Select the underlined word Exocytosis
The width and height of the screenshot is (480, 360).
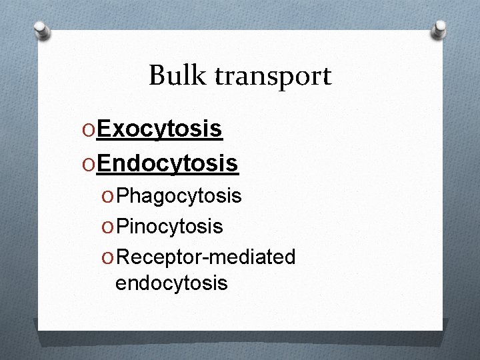pyautogui.click(x=159, y=129)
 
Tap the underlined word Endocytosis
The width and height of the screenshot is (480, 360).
pyautogui.click(x=167, y=162)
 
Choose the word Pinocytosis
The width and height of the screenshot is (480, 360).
pyautogui.click(x=169, y=227)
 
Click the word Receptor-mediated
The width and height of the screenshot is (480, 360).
pyautogui.click(x=205, y=257)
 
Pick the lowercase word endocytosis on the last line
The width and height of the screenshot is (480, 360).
pyautogui.click(x=171, y=283)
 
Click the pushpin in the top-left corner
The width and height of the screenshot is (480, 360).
pyautogui.click(x=42, y=30)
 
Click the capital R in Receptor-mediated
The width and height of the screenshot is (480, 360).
pyautogui.click(x=122, y=257)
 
